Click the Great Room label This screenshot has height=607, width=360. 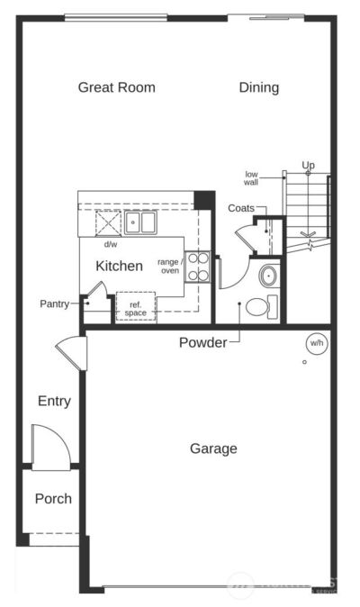tap(116, 87)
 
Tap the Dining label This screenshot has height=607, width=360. tap(258, 87)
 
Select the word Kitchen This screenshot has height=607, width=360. tap(119, 266)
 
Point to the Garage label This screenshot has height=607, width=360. tap(213, 448)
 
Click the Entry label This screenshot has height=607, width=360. tap(54, 401)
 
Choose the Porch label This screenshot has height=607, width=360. tap(53, 498)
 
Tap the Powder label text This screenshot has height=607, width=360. tap(202, 342)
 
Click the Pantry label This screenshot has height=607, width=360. tap(54, 303)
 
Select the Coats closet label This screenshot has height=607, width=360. tap(240, 208)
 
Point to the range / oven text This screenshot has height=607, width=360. tap(169, 266)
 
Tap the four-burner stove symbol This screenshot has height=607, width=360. tap(198, 267)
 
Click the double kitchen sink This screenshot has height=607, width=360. tap(139, 221)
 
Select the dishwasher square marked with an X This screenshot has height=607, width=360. tap(109, 221)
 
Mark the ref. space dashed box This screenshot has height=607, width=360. tap(135, 306)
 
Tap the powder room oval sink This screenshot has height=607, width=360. tap(267, 275)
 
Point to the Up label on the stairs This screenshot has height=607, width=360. tap(308, 166)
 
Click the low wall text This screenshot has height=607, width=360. tap(251, 177)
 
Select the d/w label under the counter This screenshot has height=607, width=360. tap(110, 244)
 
